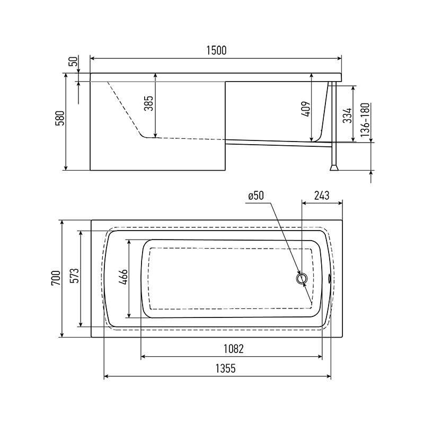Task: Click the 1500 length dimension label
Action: click(x=216, y=50)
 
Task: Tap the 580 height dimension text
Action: click(x=60, y=118)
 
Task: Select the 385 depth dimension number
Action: click(x=149, y=103)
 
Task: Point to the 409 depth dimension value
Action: click(x=305, y=109)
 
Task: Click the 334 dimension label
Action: click(x=348, y=115)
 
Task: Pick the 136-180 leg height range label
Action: click(x=365, y=120)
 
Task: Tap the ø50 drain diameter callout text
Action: click(x=256, y=196)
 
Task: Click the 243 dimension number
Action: click(x=322, y=195)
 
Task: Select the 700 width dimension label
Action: click(x=56, y=278)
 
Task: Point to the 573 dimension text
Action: click(x=74, y=276)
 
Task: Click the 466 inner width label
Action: click(x=123, y=277)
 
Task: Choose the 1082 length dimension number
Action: click(x=234, y=349)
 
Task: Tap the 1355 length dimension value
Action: click(x=226, y=368)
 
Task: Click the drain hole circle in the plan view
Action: click(x=302, y=278)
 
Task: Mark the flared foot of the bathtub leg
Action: click(x=334, y=168)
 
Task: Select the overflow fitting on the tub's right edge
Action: click(x=330, y=278)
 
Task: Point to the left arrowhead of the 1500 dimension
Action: click(x=92, y=58)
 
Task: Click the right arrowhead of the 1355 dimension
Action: click(x=329, y=376)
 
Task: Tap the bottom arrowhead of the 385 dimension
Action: click(x=155, y=135)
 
